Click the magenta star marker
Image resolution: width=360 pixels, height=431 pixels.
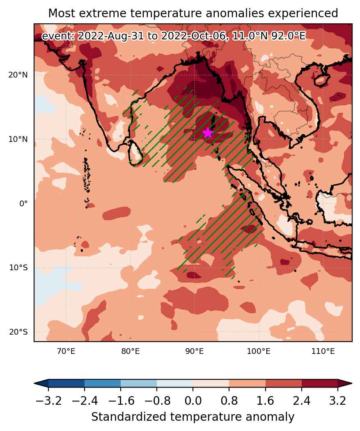point(208,133)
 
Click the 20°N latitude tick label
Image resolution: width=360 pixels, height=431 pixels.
point(18,75)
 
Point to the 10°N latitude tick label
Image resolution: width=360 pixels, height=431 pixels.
point(18,139)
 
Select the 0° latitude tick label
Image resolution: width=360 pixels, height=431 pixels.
point(23,203)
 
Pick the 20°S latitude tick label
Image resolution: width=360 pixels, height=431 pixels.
point(18,332)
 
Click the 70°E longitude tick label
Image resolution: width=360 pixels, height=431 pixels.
point(66,351)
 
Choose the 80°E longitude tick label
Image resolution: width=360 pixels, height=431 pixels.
point(131,351)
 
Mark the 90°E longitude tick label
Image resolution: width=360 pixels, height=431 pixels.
point(195,351)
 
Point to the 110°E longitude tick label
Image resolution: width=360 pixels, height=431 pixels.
point(323,351)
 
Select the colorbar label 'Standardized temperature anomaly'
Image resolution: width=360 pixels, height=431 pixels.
point(193,417)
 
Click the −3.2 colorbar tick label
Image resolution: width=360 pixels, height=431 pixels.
point(48,401)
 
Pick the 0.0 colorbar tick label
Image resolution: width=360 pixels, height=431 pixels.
point(193,401)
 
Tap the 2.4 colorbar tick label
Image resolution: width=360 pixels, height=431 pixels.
point(302,401)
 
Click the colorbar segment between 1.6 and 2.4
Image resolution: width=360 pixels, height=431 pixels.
point(284,383)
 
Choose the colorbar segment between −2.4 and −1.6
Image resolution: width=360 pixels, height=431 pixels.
point(102,383)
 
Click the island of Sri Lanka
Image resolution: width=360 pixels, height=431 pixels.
point(135,153)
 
